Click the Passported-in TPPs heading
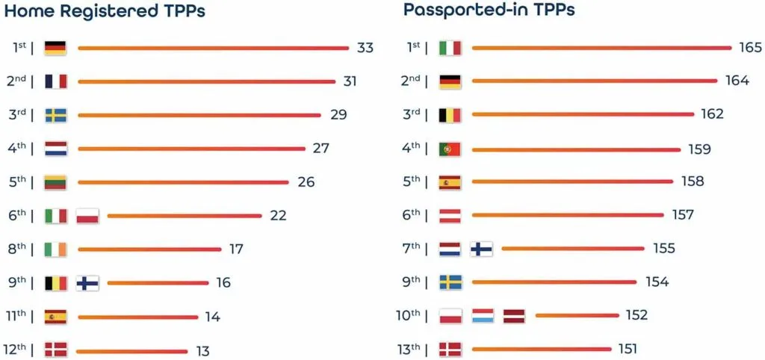point(489,10)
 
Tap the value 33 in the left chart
point(365,49)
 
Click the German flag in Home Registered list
point(56,49)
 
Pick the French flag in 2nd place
point(56,81)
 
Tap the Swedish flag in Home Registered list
point(56,115)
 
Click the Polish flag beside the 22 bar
point(87,216)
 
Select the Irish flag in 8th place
point(56,249)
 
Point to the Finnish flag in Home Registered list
point(87,283)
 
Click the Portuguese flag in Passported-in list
point(450,149)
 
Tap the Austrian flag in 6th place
point(450,216)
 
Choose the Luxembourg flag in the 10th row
point(482,316)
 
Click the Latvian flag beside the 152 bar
point(514,316)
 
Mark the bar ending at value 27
point(191,149)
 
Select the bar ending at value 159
point(575,149)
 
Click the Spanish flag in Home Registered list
point(56,317)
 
